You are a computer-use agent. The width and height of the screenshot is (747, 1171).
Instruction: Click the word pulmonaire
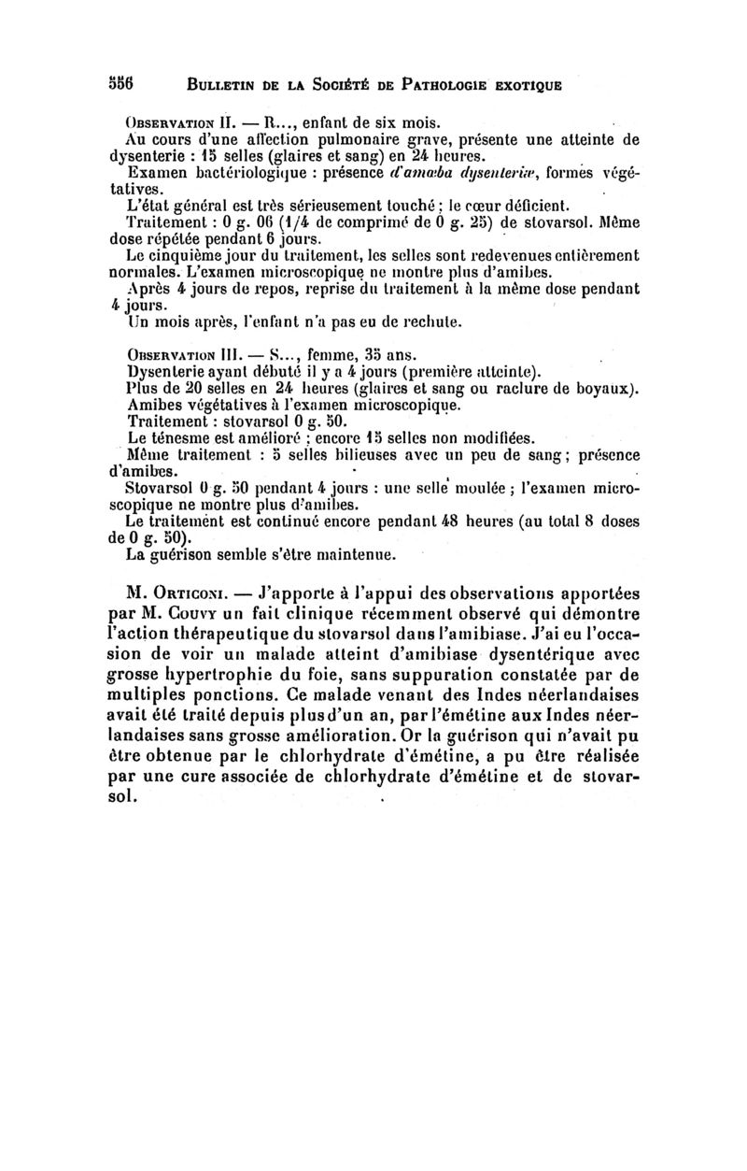coord(359,139)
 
